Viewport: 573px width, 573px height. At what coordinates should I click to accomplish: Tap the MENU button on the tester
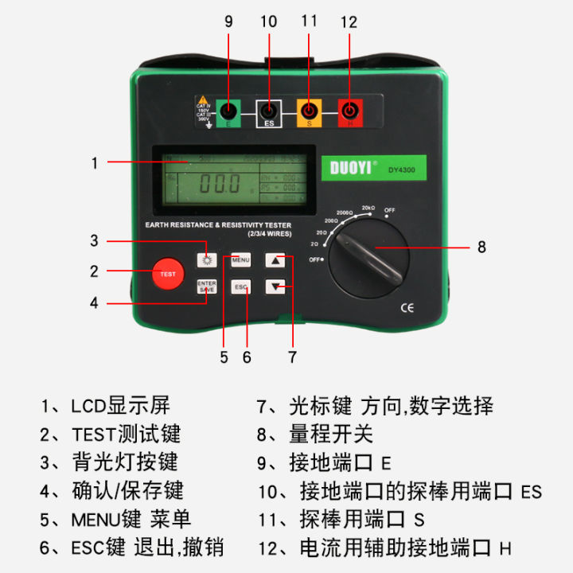[x=241, y=259]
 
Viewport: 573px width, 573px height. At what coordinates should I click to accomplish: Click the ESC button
[x=241, y=286]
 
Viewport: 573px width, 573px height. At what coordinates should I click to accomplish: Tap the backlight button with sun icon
[x=207, y=259]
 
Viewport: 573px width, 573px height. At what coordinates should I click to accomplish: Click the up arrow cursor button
[x=275, y=259]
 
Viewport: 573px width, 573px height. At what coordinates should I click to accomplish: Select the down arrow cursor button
[x=275, y=287]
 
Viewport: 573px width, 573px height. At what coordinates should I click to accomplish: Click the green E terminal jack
[x=228, y=112]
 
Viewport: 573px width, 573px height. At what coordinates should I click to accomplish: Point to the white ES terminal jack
[x=269, y=112]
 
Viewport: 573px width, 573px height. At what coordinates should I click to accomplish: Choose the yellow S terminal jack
[x=309, y=112]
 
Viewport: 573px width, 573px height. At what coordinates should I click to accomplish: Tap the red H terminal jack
[x=349, y=112]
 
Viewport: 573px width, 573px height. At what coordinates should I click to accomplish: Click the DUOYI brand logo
[x=353, y=168]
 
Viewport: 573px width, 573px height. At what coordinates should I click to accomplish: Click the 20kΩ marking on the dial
[x=368, y=207]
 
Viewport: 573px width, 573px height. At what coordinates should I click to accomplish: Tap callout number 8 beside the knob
[x=481, y=247]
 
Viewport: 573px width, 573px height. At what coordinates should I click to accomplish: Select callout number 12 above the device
[x=349, y=21]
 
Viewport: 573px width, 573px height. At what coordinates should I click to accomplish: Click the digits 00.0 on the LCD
[x=219, y=184]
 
